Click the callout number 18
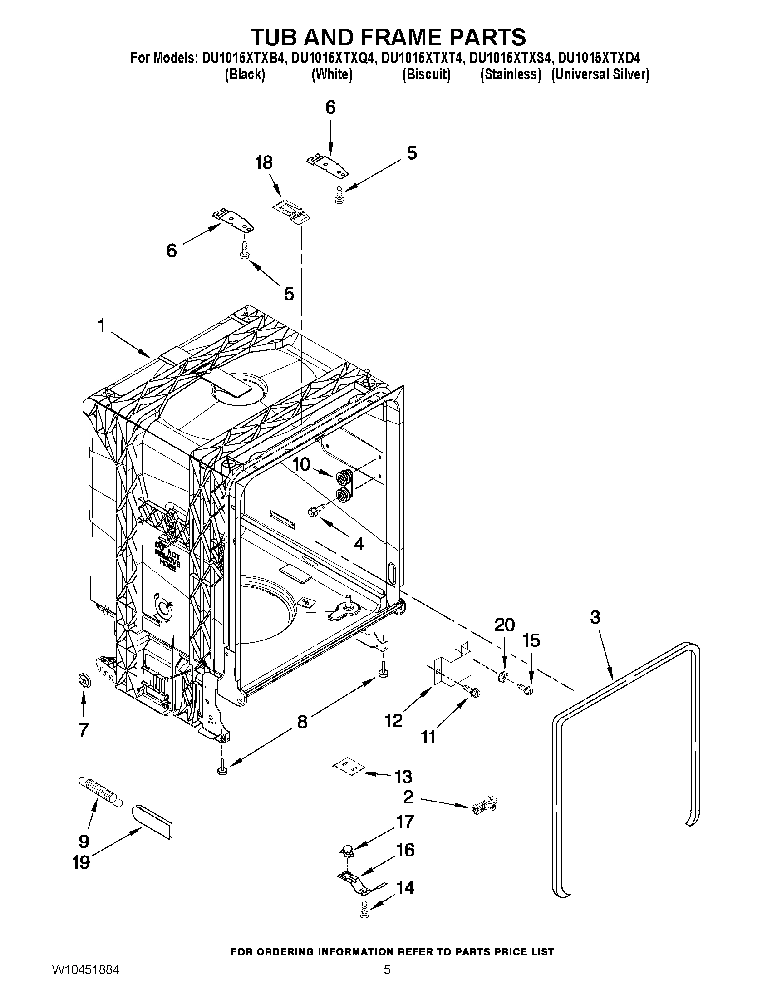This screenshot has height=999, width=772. (264, 163)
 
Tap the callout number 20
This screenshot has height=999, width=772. (504, 625)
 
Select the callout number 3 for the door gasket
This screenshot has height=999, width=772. (595, 618)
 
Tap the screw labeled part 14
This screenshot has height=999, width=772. (365, 906)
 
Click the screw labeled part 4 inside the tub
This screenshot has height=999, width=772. (317, 508)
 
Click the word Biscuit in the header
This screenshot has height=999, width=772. (426, 74)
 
